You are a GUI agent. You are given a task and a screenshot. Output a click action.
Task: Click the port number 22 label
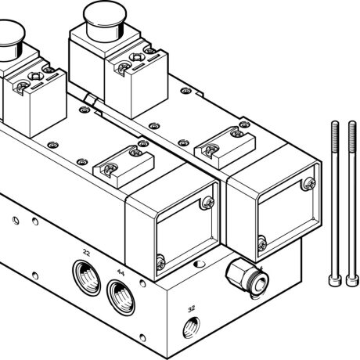86,254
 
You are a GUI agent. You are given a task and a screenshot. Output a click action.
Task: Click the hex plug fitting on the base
239,276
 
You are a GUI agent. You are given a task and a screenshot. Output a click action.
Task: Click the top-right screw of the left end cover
206,203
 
